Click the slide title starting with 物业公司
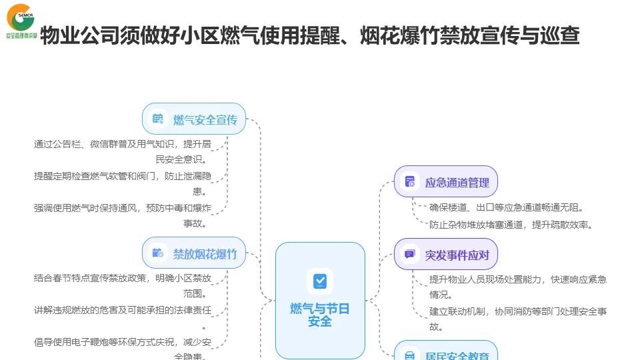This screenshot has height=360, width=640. point(309,35)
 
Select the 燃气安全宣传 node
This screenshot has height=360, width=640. point(194,119)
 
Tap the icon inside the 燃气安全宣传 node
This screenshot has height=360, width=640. point(158,119)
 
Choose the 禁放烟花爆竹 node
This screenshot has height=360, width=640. point(194,253)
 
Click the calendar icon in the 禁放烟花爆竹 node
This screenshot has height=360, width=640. point(158,253)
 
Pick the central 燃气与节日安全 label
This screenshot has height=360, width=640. point(320,315)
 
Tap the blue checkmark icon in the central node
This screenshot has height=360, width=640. point(320,281)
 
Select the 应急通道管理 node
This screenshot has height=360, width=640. point(446,182)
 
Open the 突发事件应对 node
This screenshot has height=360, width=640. point(446,254)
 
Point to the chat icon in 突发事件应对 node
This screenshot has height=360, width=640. point(410,254)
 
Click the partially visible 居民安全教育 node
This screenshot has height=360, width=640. point(446,353)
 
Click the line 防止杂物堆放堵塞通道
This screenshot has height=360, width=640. point(511,225)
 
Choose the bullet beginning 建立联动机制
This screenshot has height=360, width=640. point(517,319)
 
